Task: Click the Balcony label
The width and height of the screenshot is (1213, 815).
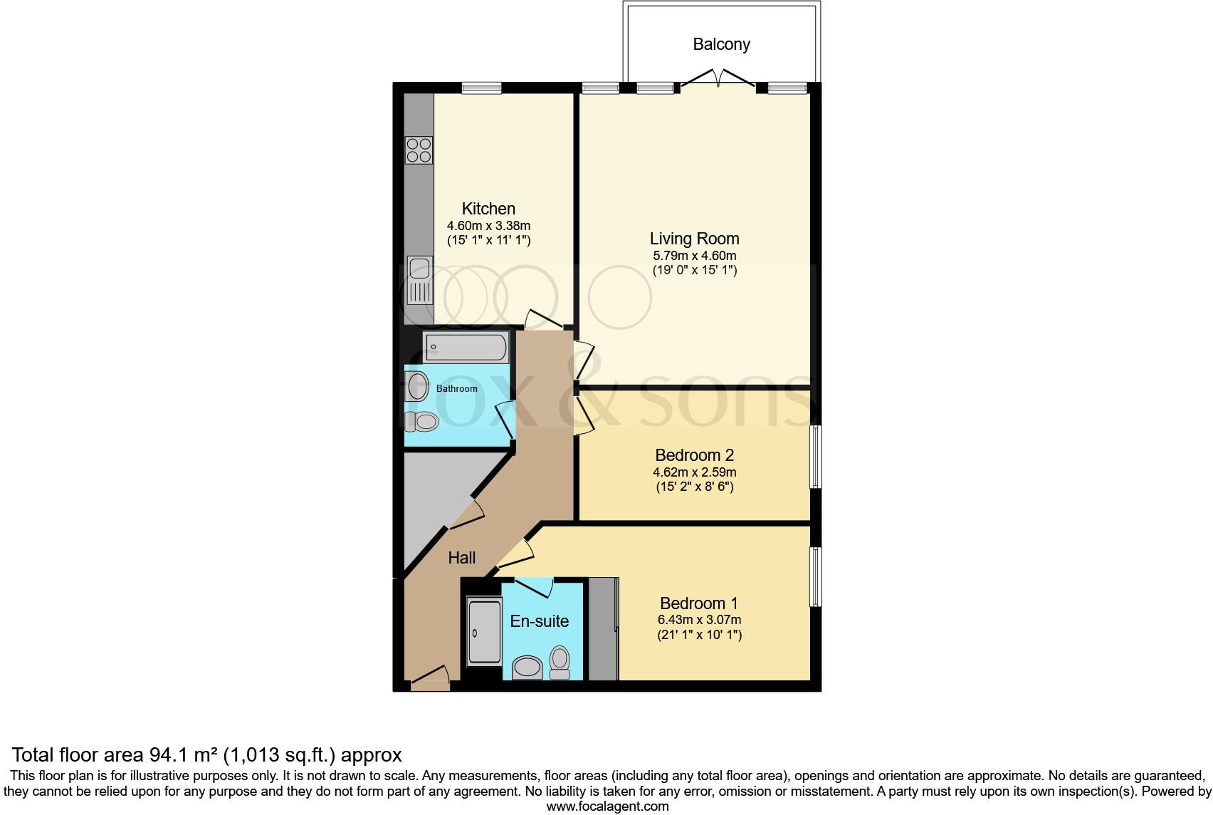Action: click(721, 44)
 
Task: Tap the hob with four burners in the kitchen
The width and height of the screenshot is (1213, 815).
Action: click(419, 150)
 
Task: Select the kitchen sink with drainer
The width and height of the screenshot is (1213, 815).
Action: click(419, 281)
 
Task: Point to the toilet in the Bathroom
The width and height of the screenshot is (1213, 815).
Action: click(424, 422)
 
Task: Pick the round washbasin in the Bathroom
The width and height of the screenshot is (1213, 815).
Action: click(419, 385)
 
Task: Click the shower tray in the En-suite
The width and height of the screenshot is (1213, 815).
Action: click(484, 631)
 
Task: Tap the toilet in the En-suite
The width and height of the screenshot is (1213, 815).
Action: click(560, 663)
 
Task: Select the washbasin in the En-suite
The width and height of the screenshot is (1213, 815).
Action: click(527, 668)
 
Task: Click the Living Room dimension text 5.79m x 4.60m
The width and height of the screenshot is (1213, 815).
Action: click(694, 256)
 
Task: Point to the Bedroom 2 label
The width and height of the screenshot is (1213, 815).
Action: click(694, 455)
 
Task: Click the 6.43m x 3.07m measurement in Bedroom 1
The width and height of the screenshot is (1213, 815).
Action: click(700, 620)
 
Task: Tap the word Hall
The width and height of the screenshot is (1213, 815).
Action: click(461, 558)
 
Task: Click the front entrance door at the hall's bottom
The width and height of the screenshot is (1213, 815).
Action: click(430, 680)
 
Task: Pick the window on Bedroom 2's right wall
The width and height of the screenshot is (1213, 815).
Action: click(816, 457)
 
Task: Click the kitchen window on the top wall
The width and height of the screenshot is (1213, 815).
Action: click(481, 88)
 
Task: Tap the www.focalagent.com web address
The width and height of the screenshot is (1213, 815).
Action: click(607, 806)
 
